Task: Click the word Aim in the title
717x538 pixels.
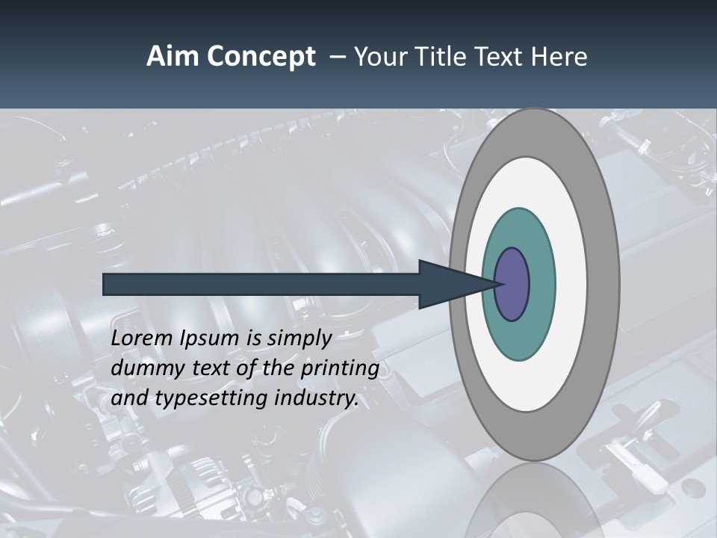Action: [170, 57]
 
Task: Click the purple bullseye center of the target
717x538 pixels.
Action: [512, 285]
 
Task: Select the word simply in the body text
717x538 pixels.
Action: [299, 338]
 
